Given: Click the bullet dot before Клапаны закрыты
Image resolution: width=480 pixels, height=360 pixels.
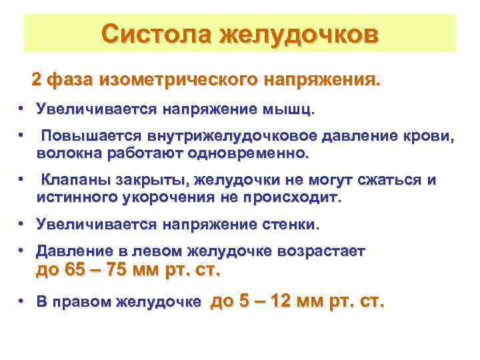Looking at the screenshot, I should (x=22, y=180).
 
